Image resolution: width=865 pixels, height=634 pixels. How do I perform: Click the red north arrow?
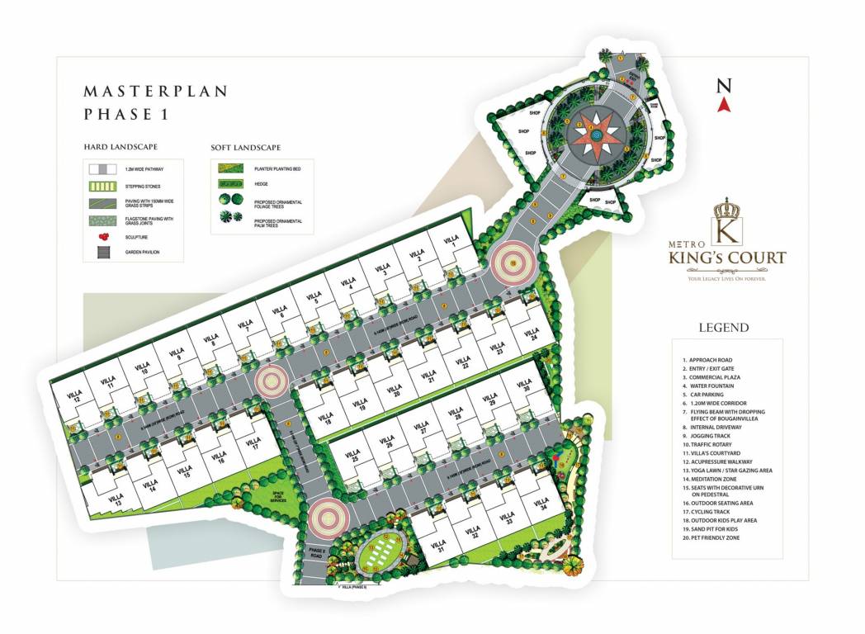724,104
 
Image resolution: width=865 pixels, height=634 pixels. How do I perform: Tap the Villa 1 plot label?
451,242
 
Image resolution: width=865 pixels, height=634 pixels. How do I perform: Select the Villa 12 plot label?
75,395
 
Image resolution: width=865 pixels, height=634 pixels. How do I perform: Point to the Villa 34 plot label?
541,504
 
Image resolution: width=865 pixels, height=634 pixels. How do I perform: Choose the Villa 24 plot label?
531,334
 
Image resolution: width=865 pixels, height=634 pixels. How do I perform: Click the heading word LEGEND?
724,328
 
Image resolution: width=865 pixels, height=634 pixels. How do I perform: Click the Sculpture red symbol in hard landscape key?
103,236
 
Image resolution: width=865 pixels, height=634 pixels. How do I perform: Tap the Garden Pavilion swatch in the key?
103,252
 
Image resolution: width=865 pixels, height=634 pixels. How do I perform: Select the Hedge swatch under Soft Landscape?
232,183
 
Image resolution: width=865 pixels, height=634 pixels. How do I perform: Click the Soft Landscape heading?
246,148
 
